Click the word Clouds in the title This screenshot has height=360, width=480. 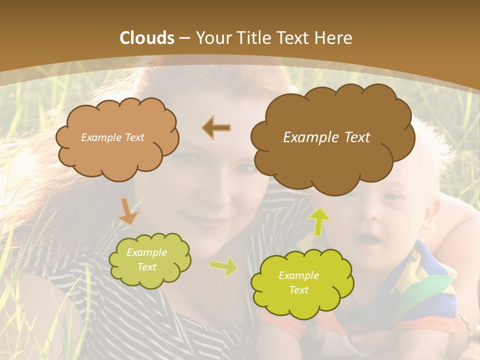(147, 38)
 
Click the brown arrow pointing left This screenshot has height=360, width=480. (216, 127)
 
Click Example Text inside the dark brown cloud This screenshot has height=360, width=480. (326, 137)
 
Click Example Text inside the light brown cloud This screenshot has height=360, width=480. (112, 137)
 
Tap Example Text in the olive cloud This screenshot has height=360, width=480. (147, 259)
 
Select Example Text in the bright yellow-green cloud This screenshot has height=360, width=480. (298, 282)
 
